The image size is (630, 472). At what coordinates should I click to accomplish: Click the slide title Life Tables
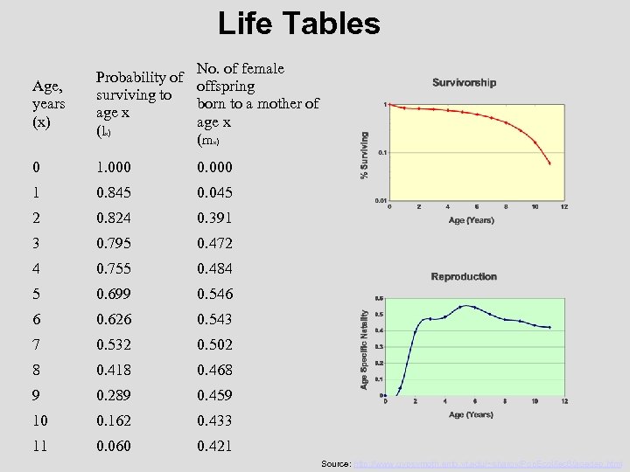[x=299, y=24]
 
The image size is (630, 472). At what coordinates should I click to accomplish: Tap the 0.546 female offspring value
[x=214, y=294]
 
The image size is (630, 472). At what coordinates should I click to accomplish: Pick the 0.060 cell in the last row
[x=115, y=447]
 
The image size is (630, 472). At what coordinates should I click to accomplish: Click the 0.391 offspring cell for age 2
[x=214, y=218]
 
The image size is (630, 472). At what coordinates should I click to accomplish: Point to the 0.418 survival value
[x=115, y=370]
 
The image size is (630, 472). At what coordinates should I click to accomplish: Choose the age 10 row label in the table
[x=40, y=420]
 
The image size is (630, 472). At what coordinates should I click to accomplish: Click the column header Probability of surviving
[x=139, y=105]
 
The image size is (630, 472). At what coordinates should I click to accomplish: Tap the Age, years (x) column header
[x=51, y=104]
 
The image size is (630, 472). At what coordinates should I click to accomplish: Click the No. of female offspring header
[x=257, y=104]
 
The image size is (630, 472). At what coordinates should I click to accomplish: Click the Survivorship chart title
[x=464, y=83]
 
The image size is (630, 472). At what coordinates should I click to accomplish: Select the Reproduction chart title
[x=464, y=276]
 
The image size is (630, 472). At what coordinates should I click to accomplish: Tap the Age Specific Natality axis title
[x=365, y=347]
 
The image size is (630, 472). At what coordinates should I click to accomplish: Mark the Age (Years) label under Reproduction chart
[x=471, y=414]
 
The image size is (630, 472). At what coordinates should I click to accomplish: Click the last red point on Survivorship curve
[x=549, y=163]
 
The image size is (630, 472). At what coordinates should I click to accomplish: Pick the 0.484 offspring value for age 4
[x=214, y=268]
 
